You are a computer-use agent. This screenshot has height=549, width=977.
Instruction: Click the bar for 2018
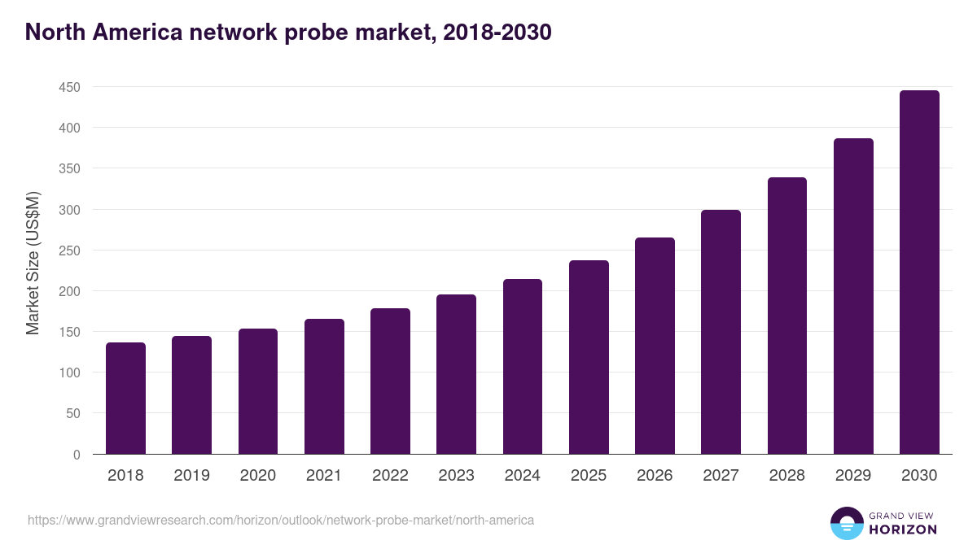click(x=125, y=399)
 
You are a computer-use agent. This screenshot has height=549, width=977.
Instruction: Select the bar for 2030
click(x=919, y=272)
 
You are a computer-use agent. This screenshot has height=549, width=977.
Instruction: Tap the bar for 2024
click(x=523, y=367)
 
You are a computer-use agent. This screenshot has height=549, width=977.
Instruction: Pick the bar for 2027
click(x=721, y=332)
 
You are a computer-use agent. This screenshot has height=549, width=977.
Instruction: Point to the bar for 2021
click(x=324, y=386)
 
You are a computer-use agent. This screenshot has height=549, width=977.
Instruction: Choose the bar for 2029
click(x=853, y=296)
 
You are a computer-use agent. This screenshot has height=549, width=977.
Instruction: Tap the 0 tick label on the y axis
click(x=77, y=455)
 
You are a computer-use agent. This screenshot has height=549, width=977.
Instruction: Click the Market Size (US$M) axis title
click(x=33, y=262)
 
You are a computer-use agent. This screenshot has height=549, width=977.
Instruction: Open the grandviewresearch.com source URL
click(x=281, y=520)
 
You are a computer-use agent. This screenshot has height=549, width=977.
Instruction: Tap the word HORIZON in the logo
click(x=903, y=529)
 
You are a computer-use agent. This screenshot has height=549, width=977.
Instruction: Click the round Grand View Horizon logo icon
click(x=847, y=523)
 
